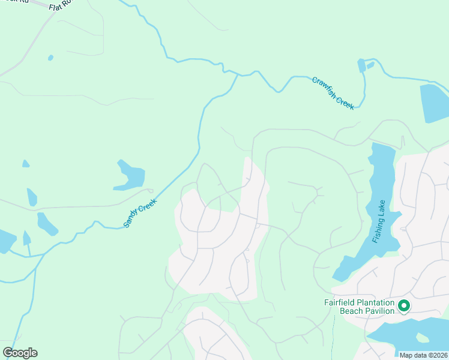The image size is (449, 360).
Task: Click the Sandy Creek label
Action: click(139, 212)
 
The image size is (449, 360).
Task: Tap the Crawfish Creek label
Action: click(333, 93)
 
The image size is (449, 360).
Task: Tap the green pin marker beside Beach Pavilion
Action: click(404, 306)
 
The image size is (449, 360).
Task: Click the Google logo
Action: click(20, 353)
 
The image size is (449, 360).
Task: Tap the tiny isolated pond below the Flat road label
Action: click(50, 58)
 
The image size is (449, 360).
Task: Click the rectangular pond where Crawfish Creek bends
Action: click(361, 65)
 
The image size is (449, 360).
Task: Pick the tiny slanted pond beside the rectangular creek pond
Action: click(370, 65)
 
